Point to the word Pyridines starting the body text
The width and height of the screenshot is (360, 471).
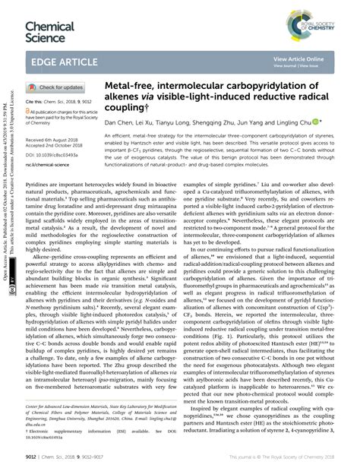[37, 184]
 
